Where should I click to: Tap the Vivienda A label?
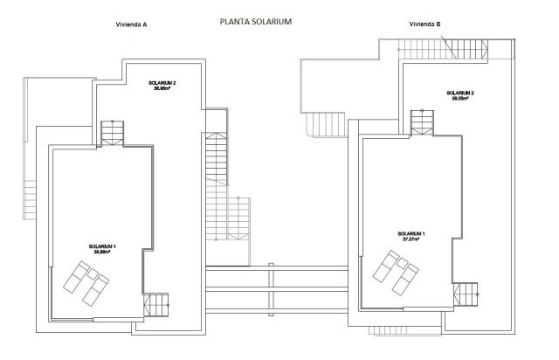tap(131, 25)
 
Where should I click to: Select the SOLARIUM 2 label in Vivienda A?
tap(162, 83)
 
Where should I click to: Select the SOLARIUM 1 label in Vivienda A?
tap(104, 247)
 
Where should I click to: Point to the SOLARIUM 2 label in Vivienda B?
tap(460, 92)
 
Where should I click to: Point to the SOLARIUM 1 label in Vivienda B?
tap(411, 233)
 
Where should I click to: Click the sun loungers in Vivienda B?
tap(394, 272)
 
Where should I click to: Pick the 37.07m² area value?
tap(411, 239)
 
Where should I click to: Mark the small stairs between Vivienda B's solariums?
tap(423, 121)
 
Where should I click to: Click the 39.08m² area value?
tap(460, 99)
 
